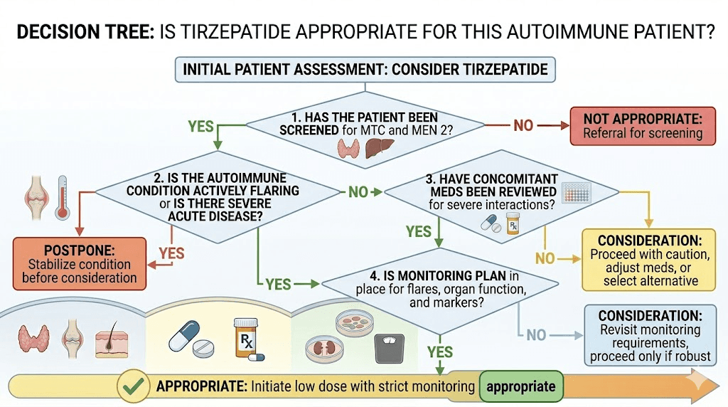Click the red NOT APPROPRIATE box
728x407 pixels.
(642, 125)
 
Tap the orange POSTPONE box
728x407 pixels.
(79, 263)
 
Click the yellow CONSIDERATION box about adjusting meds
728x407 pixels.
(650, 260)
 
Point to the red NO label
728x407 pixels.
(523, 126)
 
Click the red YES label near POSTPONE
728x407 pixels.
(171, 253)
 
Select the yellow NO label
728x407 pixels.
(545, 258)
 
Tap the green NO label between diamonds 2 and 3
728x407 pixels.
(358, 191)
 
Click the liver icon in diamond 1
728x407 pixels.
(375, 148)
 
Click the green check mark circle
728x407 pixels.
(133, 386)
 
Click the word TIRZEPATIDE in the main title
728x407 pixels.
(285, 32)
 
